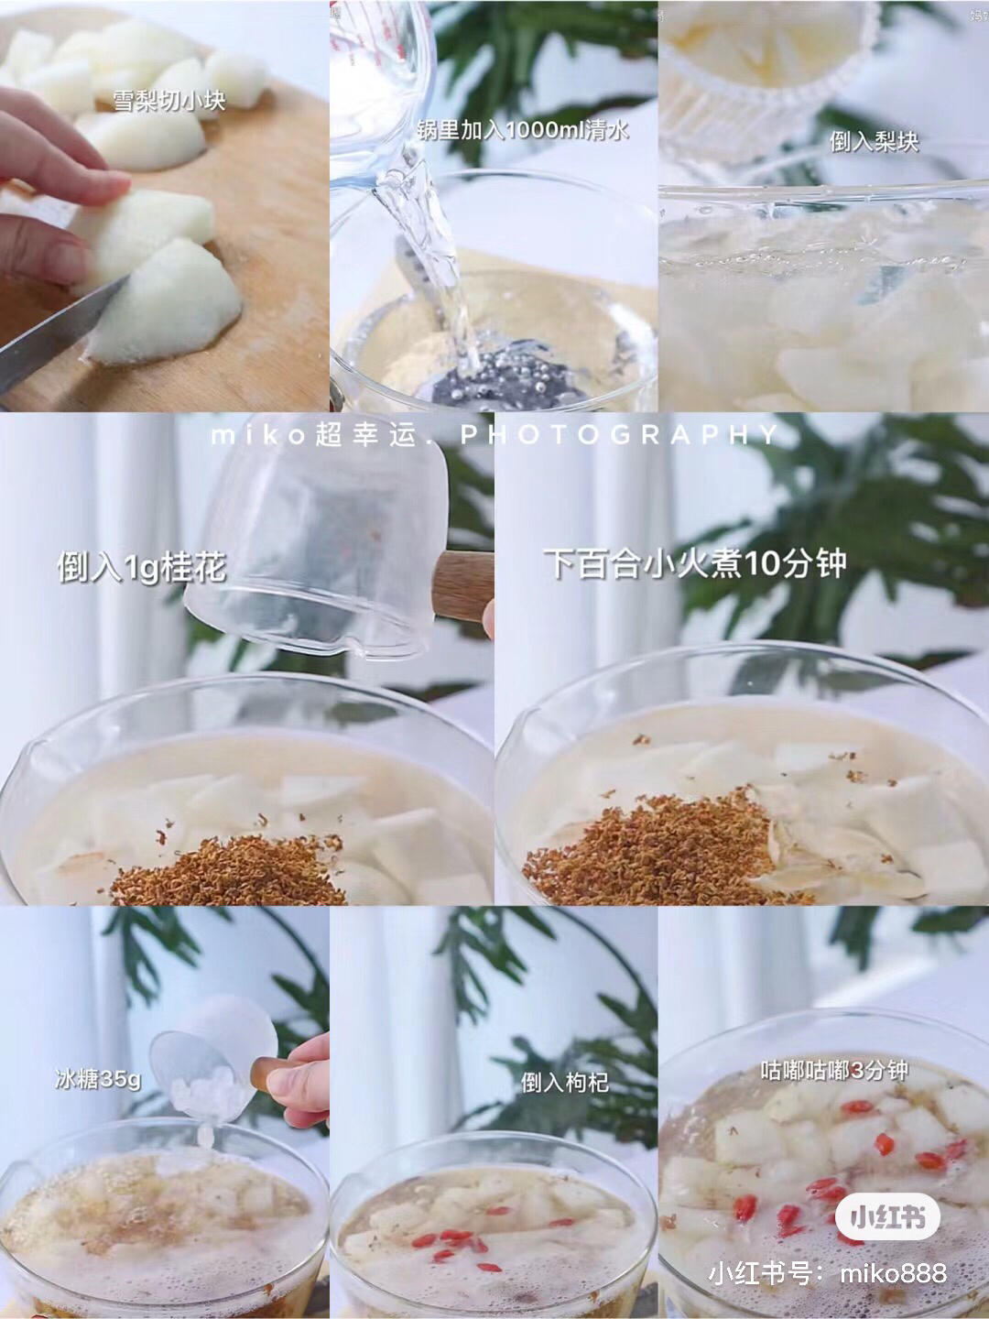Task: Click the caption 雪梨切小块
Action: tap(169, 101)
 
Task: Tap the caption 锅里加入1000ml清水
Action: tap(523, 130)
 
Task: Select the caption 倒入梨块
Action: tap(875, 142)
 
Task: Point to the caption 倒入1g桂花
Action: tap(142, 567)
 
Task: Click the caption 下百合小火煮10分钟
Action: tap(695, 563)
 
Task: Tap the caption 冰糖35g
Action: tap(98, 1080)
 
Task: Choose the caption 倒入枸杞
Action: tap(565, 1083)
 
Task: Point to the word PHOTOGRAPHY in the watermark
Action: tap(620, 434)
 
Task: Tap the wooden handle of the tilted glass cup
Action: tap(463, 586)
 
